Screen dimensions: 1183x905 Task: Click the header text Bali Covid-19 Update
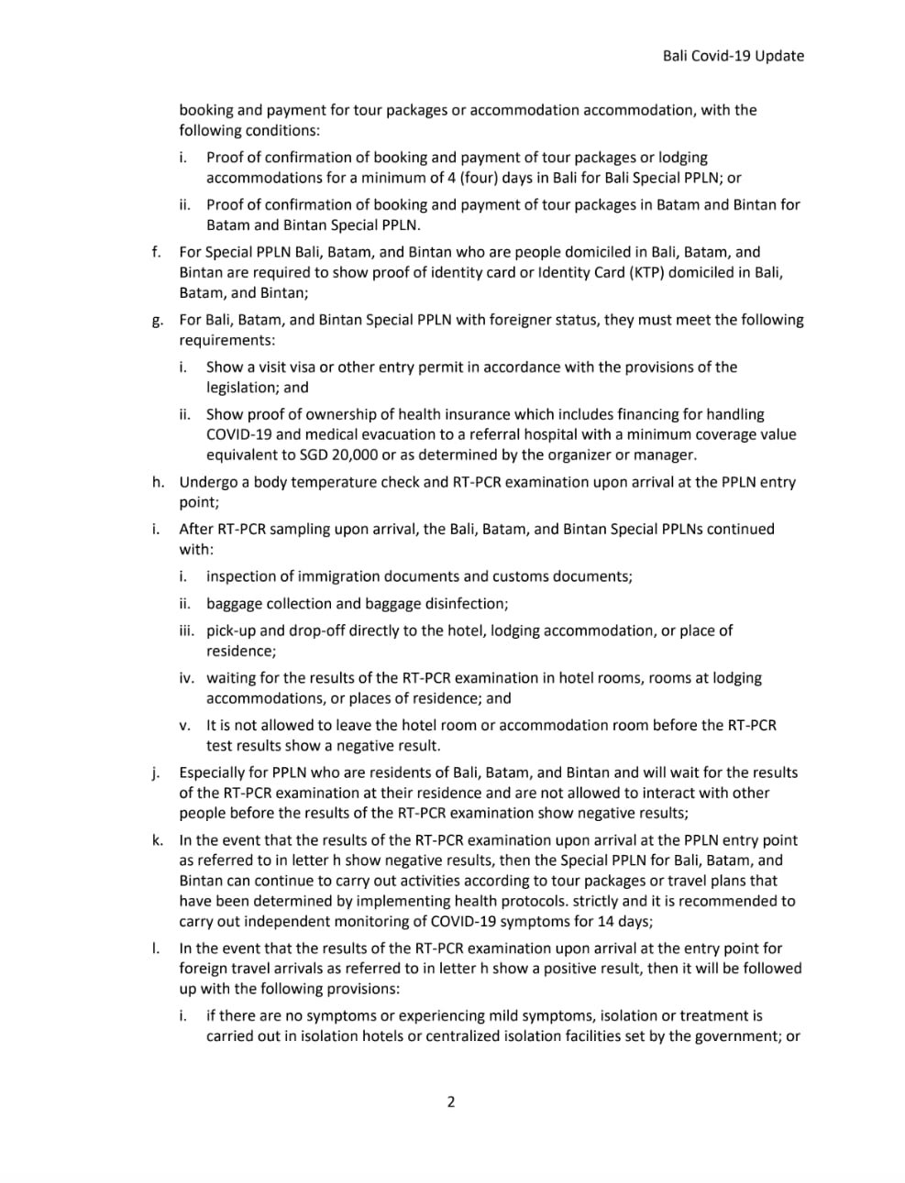(733, 56)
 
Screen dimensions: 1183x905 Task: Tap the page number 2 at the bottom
(450, 1101)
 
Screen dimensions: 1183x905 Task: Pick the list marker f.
(157, 252)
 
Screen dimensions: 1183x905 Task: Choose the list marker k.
(158, 840)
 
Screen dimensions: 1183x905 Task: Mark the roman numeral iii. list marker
(186, 630)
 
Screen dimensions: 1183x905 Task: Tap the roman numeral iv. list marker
(186, 678)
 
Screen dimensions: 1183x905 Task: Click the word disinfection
(460, 604)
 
